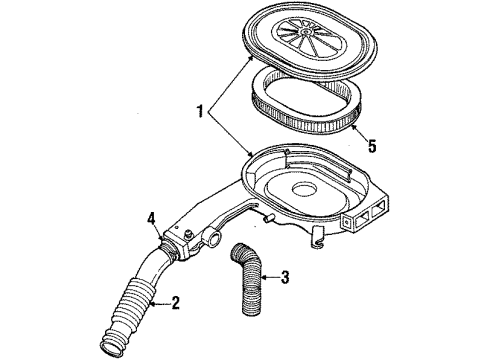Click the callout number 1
click(x=200, y=111)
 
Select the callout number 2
click(x=175, y=303)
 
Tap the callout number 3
click(x=284, y=277)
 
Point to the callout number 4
click(x=152, y=219)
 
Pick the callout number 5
click(x=372, y=146)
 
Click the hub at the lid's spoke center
click(x=305, y=31)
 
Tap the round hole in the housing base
click(x=304, y=190)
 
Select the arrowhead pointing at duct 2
click(x=153, y=303)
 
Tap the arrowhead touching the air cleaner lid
click(x=249, y=59)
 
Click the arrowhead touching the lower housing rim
click(x=250, y=154)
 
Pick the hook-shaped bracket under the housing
click(x=318, y=237)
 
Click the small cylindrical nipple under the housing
click(x=268, y=219)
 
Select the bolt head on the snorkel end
click(x=189, y=234)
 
